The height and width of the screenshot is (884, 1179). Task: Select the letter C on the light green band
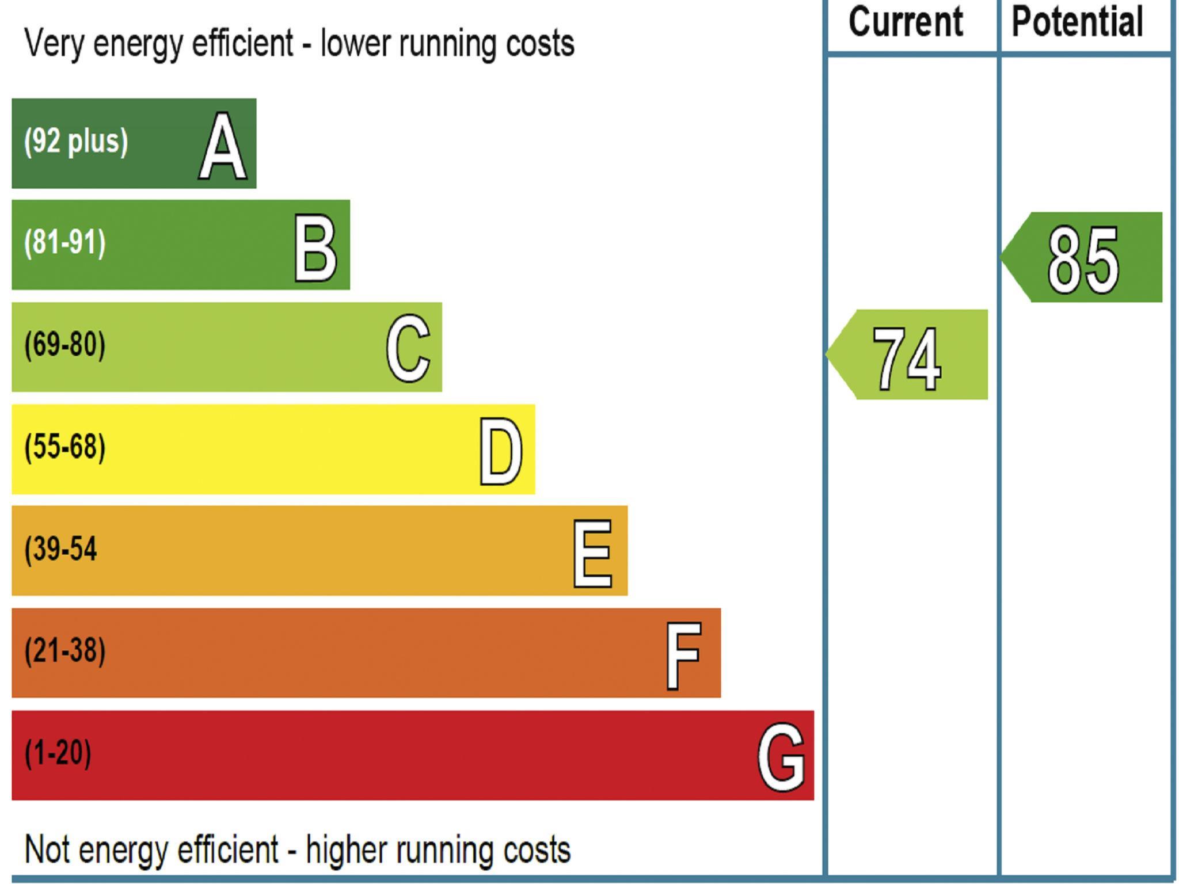tap(408, 349)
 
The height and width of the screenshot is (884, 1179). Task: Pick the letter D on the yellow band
tap(501, 452)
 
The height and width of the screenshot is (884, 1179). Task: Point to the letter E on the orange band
tap(592, 554)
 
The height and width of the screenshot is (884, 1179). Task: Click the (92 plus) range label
tap(75, 142)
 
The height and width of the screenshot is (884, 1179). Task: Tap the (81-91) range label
tap(65, 243)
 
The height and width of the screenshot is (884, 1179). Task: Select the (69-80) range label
tap(65, 345)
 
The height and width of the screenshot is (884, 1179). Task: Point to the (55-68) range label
tap(65, 447)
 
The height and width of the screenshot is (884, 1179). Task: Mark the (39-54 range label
tap(60, 549)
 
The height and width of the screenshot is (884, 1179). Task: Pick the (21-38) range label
tap(65, 651)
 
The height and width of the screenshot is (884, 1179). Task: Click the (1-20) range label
tap(58, 753)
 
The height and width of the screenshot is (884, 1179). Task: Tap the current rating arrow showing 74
tap(908, 355)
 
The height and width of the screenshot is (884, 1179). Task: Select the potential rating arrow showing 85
tap(1082, 257)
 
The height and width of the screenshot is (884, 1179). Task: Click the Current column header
tap(906, 23)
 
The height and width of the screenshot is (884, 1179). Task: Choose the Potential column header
tap(1077, 23)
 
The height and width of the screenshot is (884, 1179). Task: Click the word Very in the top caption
tap(54, 44)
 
